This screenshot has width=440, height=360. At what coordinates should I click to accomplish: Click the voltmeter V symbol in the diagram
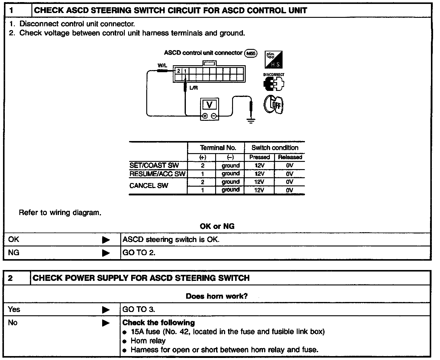pos(209,105)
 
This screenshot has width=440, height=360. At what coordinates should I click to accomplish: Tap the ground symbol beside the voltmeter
pos(251,121)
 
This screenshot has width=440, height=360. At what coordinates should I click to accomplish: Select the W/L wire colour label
pos(162,65)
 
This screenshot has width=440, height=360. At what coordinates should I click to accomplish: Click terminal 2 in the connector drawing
pos(179,71)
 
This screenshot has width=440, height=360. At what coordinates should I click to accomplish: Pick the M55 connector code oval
pos(251,54)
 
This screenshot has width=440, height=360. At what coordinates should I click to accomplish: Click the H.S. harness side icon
pos(273,59)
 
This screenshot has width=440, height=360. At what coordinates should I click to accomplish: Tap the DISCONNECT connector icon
pos(274,82)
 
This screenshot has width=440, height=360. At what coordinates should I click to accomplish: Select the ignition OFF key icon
pos(274,104)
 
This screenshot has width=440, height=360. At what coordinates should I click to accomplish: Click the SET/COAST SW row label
pos(154,166)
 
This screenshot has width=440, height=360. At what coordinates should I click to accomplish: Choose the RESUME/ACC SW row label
pos(157,174)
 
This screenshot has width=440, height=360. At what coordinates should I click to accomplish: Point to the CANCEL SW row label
pos(149,186)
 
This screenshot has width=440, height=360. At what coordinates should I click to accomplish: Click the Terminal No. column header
pos(218,148)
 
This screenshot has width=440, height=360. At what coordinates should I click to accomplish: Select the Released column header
pos(290,157)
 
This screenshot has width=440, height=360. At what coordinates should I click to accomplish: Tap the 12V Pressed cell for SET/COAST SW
pos(259,166)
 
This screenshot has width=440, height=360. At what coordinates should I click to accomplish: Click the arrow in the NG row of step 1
pos(106,253)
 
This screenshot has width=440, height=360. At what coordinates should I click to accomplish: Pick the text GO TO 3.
pos(139,309)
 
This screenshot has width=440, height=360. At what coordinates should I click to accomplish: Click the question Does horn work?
pos(217,296)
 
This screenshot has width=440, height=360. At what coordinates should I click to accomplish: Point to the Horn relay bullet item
pos(148,341)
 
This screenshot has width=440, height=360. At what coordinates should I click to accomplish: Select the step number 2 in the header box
pos(11,278)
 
